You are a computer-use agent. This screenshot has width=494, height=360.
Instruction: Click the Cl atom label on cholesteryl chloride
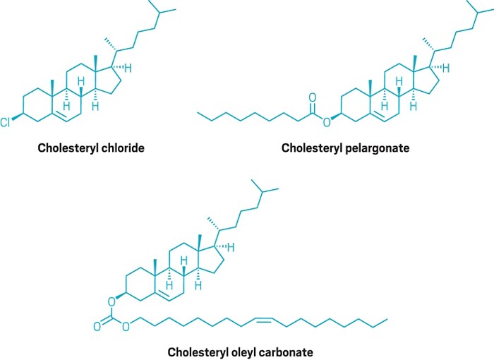click(6, 123)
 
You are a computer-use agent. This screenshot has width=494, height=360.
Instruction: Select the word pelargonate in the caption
click(379, 148)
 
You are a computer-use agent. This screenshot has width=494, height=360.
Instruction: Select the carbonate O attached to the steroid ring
click(112, 300)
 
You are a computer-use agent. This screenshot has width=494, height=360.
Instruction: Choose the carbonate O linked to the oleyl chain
click(126, 326)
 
